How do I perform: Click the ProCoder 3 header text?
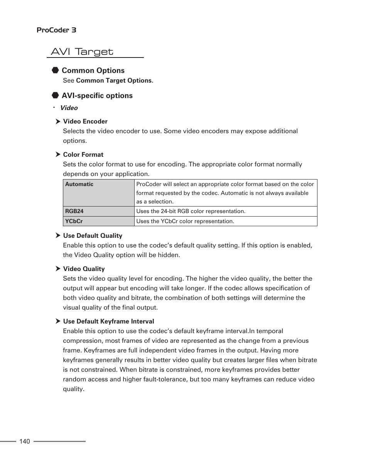[x=56, y=30]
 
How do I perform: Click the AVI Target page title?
[x=82, y=52]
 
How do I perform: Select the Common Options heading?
[x=93, y=71]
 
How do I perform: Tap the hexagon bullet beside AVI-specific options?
[x=55, y=95]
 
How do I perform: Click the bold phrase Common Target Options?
[x=114, y=81]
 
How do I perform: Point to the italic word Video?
[x=69, y=108]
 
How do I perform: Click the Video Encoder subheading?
[x=85, y=122]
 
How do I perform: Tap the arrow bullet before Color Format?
[x=58, y=154]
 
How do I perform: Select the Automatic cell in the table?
[x=99, y=193]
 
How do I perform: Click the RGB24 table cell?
[x=99, y=211]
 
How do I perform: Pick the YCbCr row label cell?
[x=99, y=221]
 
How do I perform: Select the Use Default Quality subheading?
[x=93, y=236]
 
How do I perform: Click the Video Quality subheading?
[x=84, y=269]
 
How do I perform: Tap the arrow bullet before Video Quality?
[x=58, y=269]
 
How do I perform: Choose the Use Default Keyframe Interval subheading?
[x=108, y=322]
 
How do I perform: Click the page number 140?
[x=24, y=442]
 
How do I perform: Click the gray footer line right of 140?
[x=59, y=441]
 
